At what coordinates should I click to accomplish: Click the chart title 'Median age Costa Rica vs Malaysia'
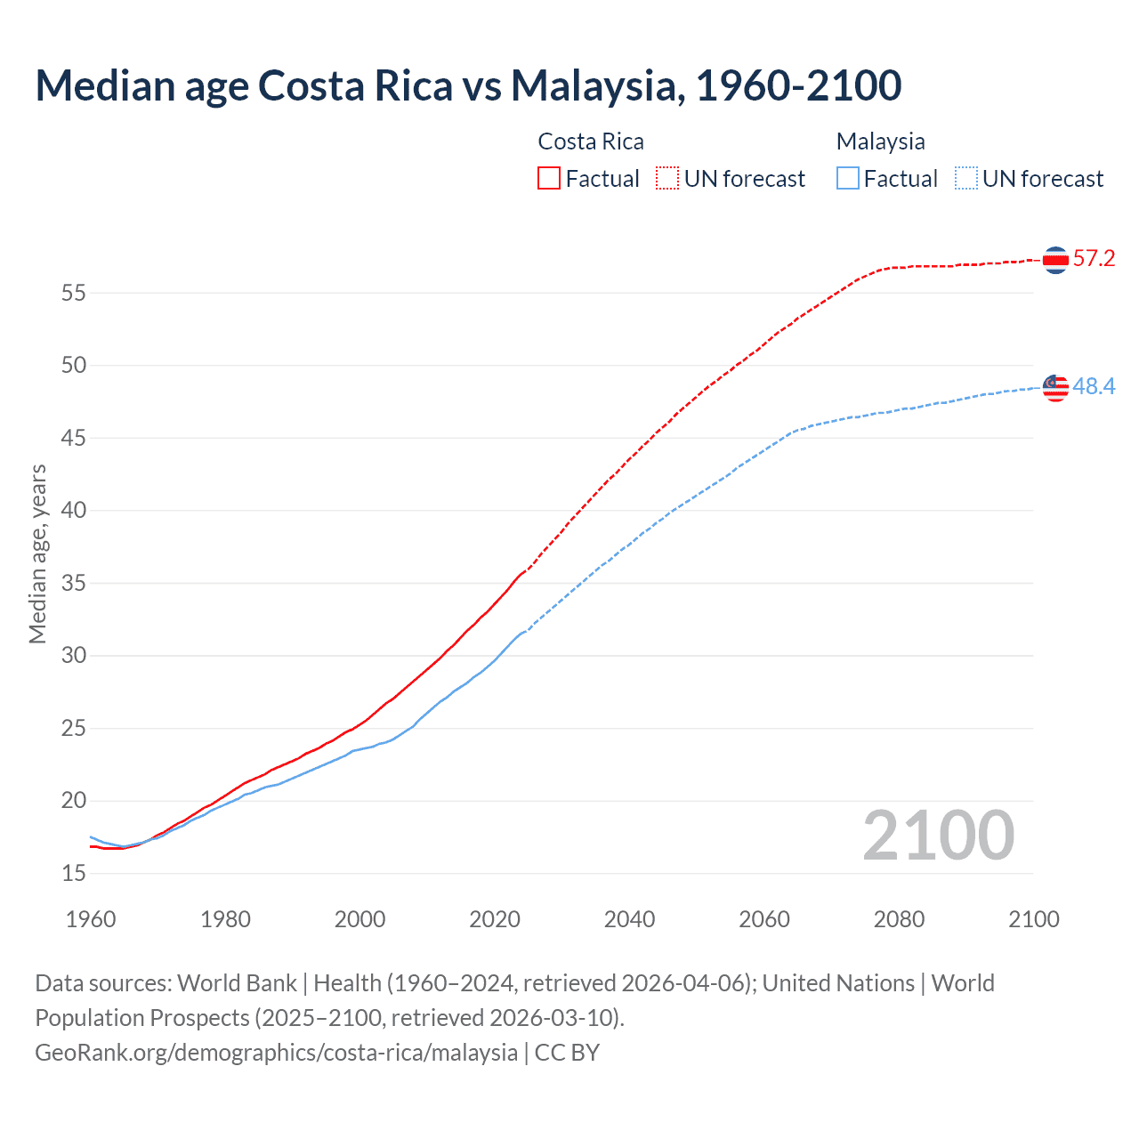coord(468,85)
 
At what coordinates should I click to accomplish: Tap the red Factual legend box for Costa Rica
coord(549,178)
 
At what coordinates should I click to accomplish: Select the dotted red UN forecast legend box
coord(667,178)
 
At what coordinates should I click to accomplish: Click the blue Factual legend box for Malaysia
coord(848,178)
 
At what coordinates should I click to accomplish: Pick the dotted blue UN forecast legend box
coord(966,178)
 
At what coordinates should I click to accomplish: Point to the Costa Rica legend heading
coord(591,141)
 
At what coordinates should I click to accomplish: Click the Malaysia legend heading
coord(880,141)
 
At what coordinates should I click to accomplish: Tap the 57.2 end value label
coord(1094,259)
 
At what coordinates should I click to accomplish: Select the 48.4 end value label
coord(1094,386)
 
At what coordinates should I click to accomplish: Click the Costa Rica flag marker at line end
coord(1055,260)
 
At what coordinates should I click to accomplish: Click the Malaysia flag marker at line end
coord(1055,387)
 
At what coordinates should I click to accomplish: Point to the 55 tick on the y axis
coord(74,293)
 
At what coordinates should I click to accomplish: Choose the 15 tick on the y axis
coord(74,874)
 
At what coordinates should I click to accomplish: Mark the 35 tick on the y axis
coord(74,584)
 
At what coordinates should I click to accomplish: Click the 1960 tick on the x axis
coord(91,919)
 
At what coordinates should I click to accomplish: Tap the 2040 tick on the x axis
coord(629,919)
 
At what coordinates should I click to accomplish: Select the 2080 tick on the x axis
coord(899,919)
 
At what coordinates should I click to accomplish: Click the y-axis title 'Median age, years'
coord(37,553)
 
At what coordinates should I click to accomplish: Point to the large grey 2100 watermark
coord(938,836)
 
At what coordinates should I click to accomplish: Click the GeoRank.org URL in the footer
coord(276,1053)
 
